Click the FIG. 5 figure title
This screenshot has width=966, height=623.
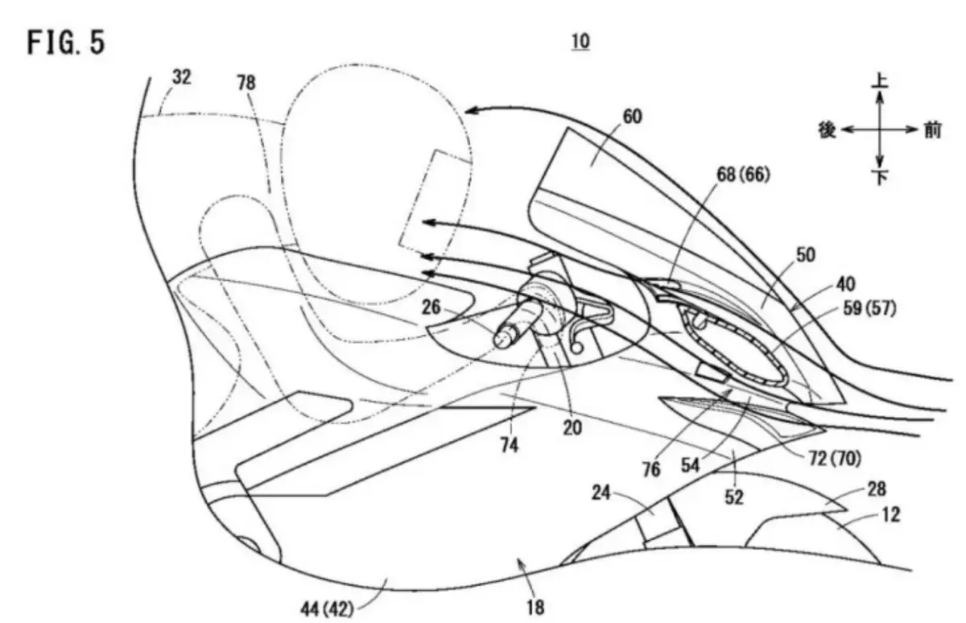(66, 42)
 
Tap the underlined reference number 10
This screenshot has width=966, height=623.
(580, 42)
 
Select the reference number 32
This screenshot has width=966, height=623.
(182, 77)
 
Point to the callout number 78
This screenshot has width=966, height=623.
(246, 82)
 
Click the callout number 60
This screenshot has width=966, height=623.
(632, 117)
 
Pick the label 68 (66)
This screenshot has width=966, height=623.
(743, 175)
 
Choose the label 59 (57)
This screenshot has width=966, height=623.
(869, 308)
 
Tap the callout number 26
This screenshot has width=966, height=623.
(431, 307)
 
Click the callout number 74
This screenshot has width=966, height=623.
(510, 445)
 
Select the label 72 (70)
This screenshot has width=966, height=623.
(835, 459)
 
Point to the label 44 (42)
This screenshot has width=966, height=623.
(327, 609)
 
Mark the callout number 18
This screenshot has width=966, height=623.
(535, 608)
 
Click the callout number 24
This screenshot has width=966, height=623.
(601, 493)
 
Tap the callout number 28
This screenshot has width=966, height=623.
(877, 489)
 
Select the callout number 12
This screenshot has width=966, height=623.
(890, 514)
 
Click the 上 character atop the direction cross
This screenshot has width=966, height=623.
(880, 80)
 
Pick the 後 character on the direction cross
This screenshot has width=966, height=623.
(827, 130)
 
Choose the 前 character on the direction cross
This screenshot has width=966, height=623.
(932, 130)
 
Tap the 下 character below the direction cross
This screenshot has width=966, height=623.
(880, 177)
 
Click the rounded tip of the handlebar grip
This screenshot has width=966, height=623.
(503, 339)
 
